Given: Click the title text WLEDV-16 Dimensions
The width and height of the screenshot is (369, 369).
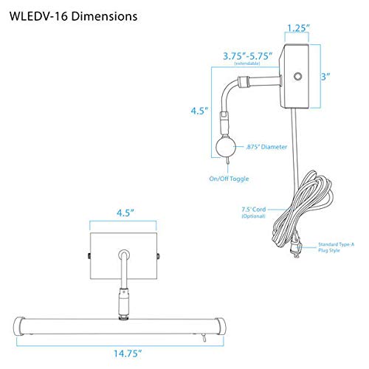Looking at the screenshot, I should point(72,15).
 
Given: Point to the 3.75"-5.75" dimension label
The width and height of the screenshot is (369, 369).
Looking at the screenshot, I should point(249,55).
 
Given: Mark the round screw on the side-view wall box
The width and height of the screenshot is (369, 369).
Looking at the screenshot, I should point(297,76).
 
